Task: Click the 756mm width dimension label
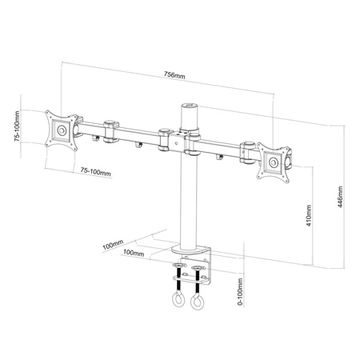pos(174,75)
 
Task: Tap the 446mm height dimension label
pos(340,197)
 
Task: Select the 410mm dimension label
pos(309,216)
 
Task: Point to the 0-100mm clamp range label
pos(240,291)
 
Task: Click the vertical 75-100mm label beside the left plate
pos(17,126)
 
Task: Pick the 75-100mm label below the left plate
pos(96,171)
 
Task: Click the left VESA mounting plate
pos(62,130)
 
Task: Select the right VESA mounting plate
pos(274,162)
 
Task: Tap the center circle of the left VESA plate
pos(62,130)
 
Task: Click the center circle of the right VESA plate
pos(274,162)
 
